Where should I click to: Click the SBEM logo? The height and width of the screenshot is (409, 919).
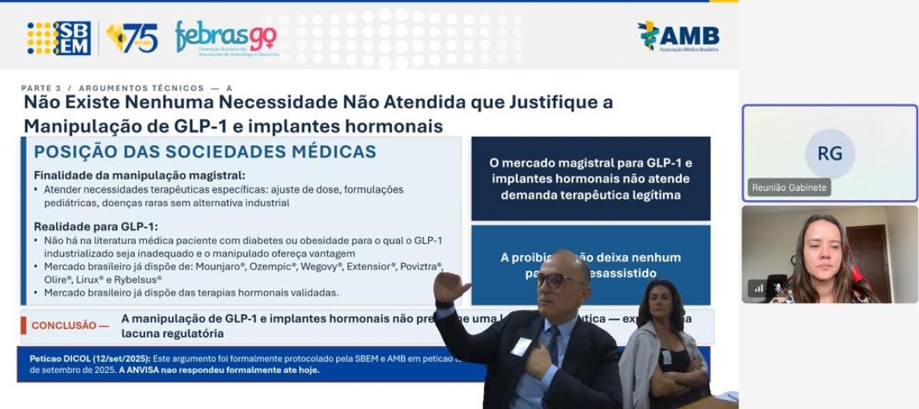pyautogui.click(x=59, y=38)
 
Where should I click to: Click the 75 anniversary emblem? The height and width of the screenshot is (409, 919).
pyautogui.click(x=132, y=38)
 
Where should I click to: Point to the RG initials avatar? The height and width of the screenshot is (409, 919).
pyautogui.click(x=829, y=153)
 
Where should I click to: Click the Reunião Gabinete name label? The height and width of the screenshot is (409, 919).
pyautogui.click(x=789, y=188)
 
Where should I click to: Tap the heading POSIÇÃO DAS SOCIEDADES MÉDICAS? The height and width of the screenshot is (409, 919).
pyautogui.click(x=205, y=152)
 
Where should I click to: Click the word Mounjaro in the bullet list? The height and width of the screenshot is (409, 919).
pyautogui.click(x=198, y=266)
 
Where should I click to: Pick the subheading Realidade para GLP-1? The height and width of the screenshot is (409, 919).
pyautogui.click(x=96, y=226)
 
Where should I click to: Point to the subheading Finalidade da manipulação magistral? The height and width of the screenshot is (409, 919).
pyautogui.click(x=139, y=175)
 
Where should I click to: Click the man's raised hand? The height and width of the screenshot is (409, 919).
pyautogui.click(x=450, y=287)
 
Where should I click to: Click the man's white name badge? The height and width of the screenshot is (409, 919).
pyautogui.click(x=522, y=345)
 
